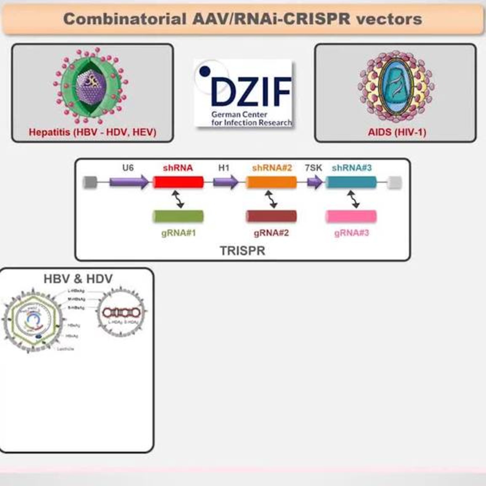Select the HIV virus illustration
click(x=396, y=85)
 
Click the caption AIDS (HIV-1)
click(x=397, y=132)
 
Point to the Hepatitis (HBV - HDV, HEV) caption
click(x=93, y=132)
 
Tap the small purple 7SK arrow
click(x=314, y=182)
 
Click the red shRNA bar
click(x=178, y=182)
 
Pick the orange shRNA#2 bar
click(x=271, y=182)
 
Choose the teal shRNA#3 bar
click(x=351, y=182)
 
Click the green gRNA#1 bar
click(x=178, y=216)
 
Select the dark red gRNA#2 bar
click(x=271, y=216)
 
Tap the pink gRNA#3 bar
click(x=351, y=216)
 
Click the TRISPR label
click(x=243, y=251)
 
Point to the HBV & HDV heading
click(x=78, y=279)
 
